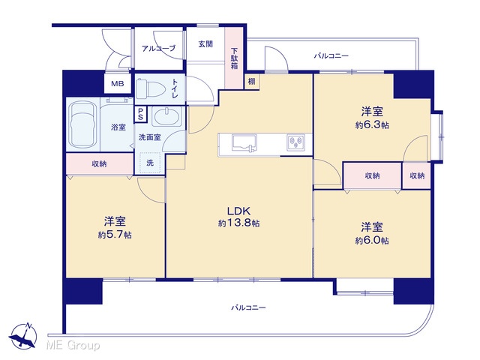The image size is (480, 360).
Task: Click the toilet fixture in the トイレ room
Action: point(145,88)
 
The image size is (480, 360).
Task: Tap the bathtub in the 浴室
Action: point(82,124)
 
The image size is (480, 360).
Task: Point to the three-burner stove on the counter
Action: point(295,142)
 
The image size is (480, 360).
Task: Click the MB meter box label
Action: point(117,83)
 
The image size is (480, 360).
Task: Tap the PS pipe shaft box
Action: point(140,114)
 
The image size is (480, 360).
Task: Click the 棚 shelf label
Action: point(252,82)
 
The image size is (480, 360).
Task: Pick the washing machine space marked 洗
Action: point(150,163)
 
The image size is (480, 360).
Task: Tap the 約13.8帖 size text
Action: point(238,223)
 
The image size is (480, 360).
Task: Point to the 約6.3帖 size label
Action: point(372,125)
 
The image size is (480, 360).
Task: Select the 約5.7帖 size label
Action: point(115,235)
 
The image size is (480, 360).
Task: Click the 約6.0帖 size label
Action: point(372,241)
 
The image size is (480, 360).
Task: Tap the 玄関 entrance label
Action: point(205,44)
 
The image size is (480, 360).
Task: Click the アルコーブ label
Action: point(158,48)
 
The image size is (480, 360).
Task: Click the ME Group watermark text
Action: point(73,345)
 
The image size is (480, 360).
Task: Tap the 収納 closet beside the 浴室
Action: point(100,163)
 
